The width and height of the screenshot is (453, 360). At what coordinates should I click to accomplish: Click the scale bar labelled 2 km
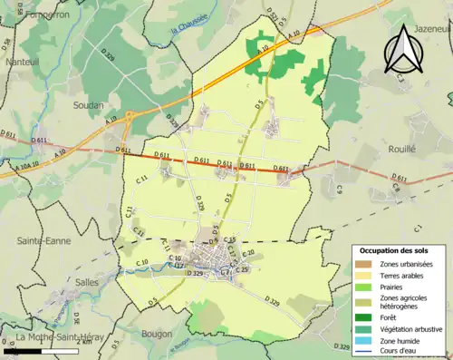pyautogui.click(x=40, y=350)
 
